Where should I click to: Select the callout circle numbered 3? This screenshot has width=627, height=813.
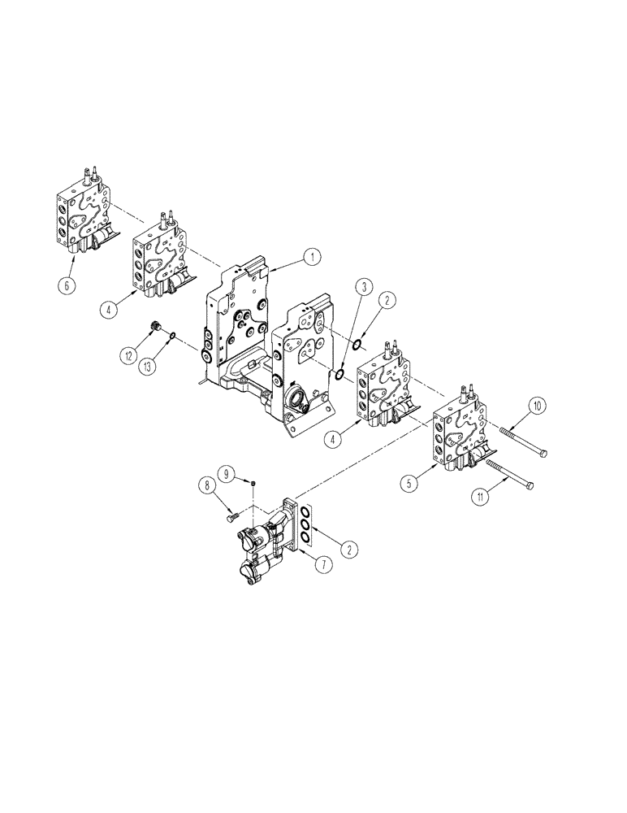tap(365, 287)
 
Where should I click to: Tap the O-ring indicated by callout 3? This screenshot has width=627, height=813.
tap(340, 374)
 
